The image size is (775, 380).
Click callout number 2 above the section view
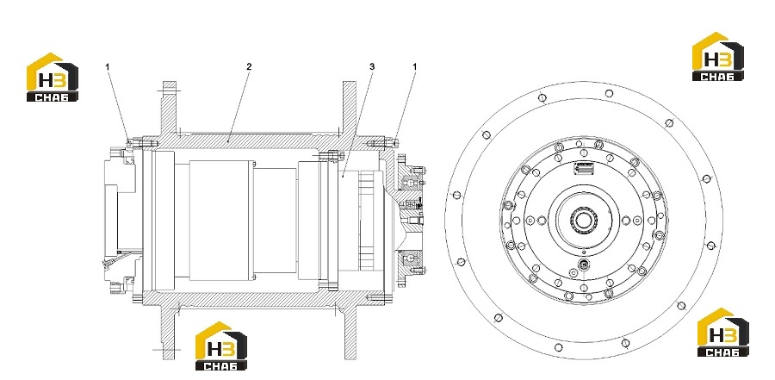tap(249, 66)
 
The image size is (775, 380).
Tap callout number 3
tap(372, 66)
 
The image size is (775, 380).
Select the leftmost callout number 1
tap(107, 66)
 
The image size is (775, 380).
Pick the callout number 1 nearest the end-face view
tap(415, 66)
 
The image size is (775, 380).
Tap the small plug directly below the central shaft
tap(584, 265)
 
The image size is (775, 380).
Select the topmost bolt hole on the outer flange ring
tap(609, 93)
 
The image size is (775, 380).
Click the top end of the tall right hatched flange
tap(349, 83)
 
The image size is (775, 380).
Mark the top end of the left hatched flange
tap(169, 83)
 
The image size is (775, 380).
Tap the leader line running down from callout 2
tap(239, 106)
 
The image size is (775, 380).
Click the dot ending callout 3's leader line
tap(343, 175)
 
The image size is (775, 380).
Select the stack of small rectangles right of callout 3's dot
tap(366, 221)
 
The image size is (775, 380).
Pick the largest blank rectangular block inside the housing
tap(221, 221)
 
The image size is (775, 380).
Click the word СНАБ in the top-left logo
tap(53, 97)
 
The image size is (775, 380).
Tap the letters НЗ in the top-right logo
tap(718, 60)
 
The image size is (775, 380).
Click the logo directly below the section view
tap(221, 346)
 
